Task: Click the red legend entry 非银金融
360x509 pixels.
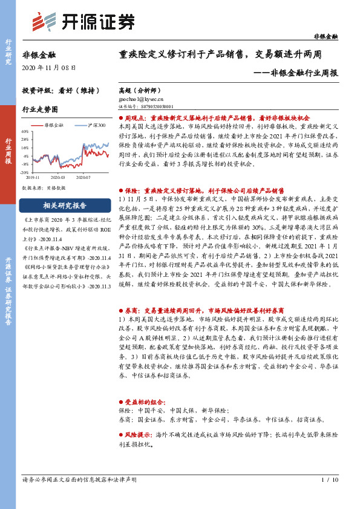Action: coord(54,125)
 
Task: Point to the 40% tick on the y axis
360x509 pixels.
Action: coord(25,131)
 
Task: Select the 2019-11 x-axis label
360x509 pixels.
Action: coord(34,178)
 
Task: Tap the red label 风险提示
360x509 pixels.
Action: coord(140,435)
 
